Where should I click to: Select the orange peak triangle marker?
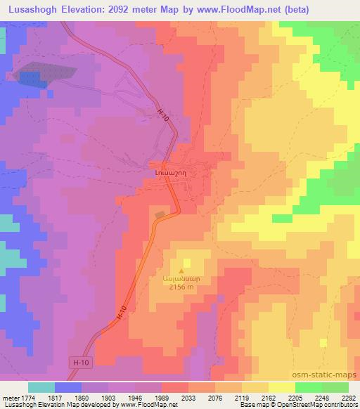[182, 270]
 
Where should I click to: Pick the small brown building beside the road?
[160, 214]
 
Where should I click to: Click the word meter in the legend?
[10, 397]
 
